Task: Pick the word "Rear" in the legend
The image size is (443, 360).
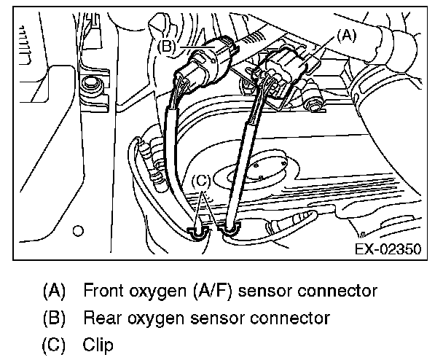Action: tap(101, 318)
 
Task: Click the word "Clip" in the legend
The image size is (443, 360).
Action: tap(98, 344)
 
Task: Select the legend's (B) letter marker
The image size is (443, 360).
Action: tap(55, 318)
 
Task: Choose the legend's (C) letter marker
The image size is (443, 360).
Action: tap(55, 344)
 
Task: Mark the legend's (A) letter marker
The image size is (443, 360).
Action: tap(55, 291)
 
